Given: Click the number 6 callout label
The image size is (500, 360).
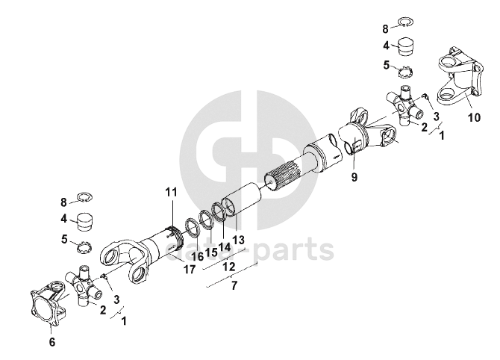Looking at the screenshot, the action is coord(51,342).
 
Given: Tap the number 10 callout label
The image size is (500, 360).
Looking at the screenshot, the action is coord(475,118).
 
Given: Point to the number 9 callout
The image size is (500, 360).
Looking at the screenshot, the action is coord(354,179).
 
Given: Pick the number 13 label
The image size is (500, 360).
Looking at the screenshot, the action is coord(239,240).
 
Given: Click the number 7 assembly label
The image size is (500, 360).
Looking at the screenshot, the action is coord(234,286).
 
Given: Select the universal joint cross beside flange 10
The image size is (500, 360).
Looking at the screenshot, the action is coord(403,106).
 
